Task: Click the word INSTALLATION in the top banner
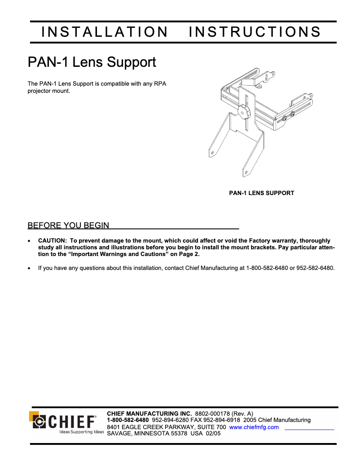(x=104, y=32)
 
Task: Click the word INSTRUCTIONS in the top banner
(x=255, y=32)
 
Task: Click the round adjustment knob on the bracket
(x=244, y=110)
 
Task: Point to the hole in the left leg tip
(x=211, y=153)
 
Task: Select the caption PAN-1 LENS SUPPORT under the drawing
(x=262, y=193)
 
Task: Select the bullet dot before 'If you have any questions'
(x=30, y=269)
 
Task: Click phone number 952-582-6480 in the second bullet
(x=316, y=269)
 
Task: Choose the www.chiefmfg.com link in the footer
(x=254, y=427)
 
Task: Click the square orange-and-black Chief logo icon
(x=39, y=421)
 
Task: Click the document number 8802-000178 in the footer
(x=212, y=413)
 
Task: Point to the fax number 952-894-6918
(x=223, y=420)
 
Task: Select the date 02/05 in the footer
(x=213, y=434)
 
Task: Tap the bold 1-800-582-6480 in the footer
(x=128, y=420)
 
